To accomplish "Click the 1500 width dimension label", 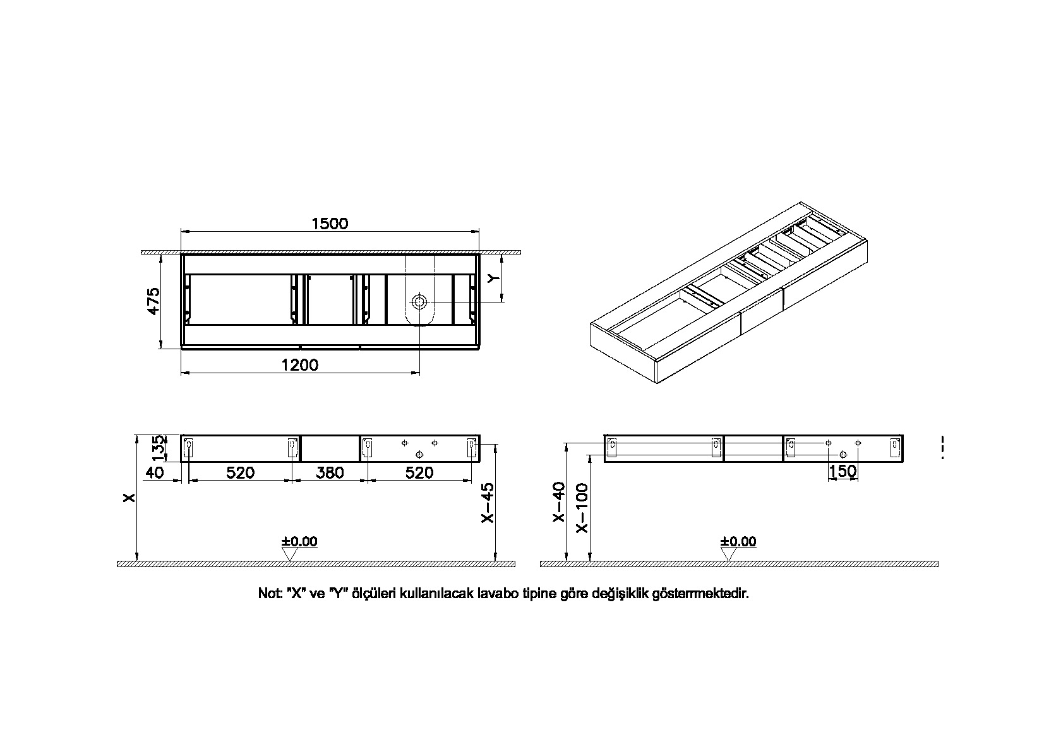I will click(330, 224).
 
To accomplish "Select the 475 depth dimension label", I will click(153, 301).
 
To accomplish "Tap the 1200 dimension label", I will click(301, 364).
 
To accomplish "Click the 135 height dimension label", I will click(160, 448).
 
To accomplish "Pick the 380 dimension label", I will click(330, 472).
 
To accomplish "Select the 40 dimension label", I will click(155, 472).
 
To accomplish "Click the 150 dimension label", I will click(843, 470).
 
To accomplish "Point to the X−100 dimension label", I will click(582, 508).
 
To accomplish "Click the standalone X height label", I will click(129, 498).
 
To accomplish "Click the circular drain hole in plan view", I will click(419, 301).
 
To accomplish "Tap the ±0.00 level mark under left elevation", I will click(299, 542).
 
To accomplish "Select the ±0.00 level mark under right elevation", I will click(738, 542).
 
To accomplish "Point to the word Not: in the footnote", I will click(270, 594).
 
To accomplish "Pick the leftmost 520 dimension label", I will click(241, 472).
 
